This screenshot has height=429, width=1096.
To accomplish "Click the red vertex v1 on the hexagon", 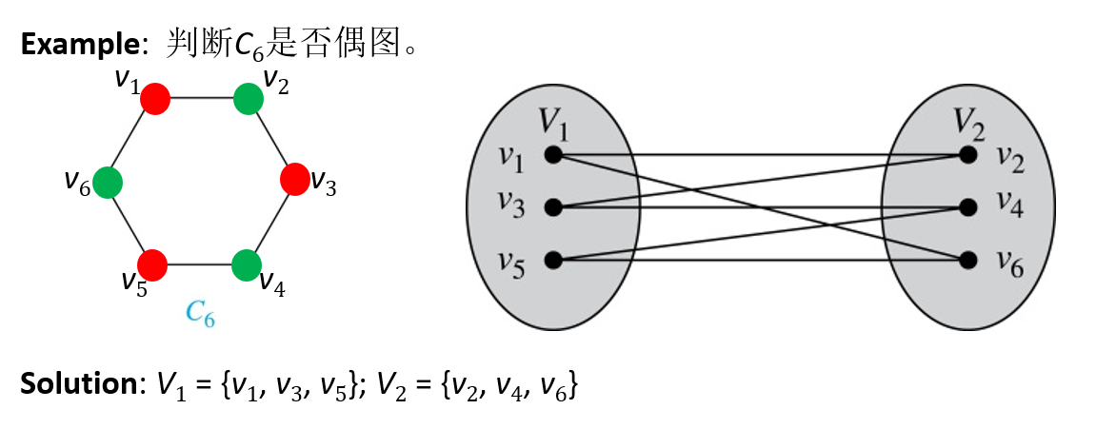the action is (x=155, y=97).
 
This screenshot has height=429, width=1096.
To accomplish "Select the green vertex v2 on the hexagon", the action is (x=248, y=97).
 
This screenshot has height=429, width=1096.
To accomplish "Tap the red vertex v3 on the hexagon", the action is (x=294, y=179).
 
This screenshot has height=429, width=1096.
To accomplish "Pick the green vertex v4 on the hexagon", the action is (x=247, y=263).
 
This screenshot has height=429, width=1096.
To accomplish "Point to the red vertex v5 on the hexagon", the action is (x=153, y=263).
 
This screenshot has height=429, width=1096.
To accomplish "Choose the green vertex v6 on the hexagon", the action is (x=108, y=180).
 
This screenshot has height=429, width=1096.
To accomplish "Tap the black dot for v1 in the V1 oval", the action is (x=551, y=154).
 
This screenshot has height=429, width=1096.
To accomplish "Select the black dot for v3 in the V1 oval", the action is (x=551, y=206).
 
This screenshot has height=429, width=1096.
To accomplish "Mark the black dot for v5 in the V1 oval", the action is (x=551, y=260).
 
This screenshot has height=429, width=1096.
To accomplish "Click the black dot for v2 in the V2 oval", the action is (x=968, y=154).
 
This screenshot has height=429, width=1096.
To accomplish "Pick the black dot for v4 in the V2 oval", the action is (x=968, y=206).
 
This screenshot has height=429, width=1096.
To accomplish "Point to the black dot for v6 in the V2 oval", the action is (x=968, y=260).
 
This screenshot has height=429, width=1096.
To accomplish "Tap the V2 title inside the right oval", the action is (x=971, y=121).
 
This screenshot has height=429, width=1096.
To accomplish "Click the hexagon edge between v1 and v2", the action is (x=201, y=97).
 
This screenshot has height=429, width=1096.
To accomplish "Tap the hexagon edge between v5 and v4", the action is (x=200, y=263).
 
